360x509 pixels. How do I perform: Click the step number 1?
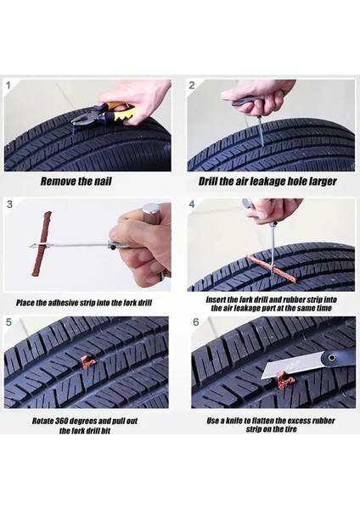[x=8, y=86]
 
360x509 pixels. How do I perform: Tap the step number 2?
[x=192, y=86]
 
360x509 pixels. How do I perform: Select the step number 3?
[x=9, y=204]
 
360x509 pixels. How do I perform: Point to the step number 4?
[x=192, y=204]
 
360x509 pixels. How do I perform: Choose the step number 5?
[x=8, y=322]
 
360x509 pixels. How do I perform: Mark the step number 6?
[x=195, y=322]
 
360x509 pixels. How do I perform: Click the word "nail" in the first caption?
[x=103, y=182]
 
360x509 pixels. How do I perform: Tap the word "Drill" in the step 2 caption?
[x=208, y=182]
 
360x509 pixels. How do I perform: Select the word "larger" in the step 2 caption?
[x=322, y=182]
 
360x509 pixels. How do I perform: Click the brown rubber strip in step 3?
[x=42, y=243]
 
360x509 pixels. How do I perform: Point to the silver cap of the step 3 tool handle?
[x=150, y=211]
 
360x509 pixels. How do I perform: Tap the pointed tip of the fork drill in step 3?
[x=29, y=246]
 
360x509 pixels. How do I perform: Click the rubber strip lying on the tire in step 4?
[x=272, y=267]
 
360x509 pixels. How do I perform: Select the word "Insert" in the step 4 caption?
[x=216, y=299]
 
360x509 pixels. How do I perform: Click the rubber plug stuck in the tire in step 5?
[x=87, y=362]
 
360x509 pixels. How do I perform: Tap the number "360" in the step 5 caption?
[x=61, y=421]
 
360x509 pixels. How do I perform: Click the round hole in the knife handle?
[x=331, y=358]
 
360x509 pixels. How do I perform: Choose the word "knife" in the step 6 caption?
[x=233, y=421]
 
